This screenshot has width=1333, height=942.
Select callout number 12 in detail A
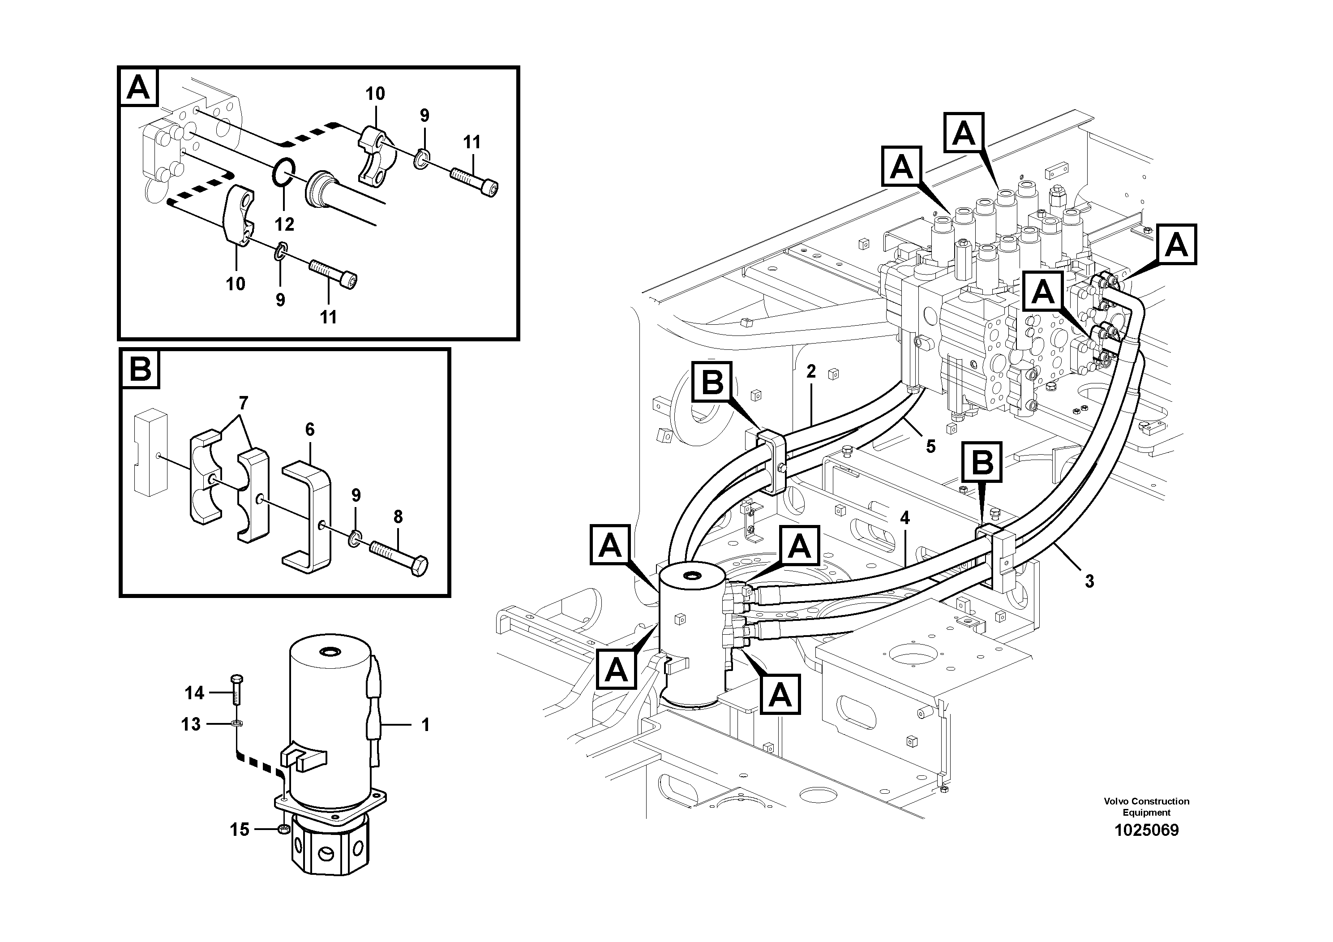click(284, 224)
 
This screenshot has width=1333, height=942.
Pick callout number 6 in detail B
click(309, 430)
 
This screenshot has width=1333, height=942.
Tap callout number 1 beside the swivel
click(425, 725)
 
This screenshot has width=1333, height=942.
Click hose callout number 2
click(811, 371)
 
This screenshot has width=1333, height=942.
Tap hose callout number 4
click(904, 517)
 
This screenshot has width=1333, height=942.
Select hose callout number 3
click(1089, 581)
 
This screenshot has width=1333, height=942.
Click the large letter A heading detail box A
click(138, 88)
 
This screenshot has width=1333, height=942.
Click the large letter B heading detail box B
click(140, 369)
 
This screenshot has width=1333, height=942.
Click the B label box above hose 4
click(982, 462)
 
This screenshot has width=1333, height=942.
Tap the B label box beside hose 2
click(712, 382)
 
